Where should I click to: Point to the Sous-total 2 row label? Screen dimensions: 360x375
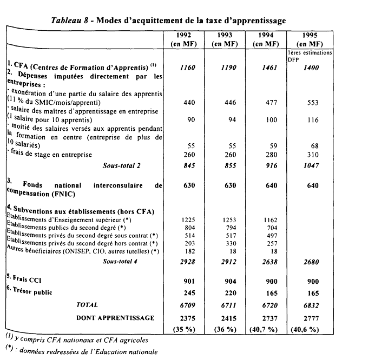(121, 165)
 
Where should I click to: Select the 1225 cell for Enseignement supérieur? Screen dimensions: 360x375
(186, 220)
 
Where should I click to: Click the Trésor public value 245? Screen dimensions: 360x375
(186, 293)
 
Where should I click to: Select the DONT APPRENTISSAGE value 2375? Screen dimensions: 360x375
(186, 318)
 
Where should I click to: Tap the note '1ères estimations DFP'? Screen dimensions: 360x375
(310, 57)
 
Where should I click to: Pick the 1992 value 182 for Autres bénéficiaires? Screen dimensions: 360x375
(186, 252)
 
